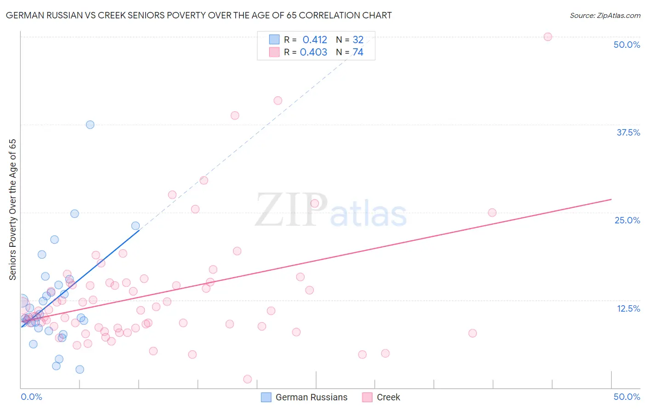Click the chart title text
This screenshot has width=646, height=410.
click(x=198, y=15)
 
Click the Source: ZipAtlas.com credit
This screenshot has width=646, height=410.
click(x=605, y=15)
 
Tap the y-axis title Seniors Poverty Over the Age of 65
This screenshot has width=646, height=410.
click(x=12, y=210)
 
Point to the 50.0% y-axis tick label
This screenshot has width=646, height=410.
click(x=627, y=45)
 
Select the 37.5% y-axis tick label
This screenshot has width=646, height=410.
click(x=628, y=132)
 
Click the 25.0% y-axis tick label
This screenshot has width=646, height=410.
click(x=627, y=220)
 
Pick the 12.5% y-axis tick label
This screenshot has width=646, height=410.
click(x=628, y=308)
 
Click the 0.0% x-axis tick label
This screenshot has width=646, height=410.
click(x=31, y=397)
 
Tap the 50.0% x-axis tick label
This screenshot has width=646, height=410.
click(x=627, y=397)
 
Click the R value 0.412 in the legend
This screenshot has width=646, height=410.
click(x=315, y=40)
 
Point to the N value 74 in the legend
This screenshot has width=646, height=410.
click(x=358, y=52)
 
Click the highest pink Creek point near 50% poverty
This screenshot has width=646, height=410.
click(x=548, y=37)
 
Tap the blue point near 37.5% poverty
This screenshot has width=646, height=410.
click(x=90, y=125)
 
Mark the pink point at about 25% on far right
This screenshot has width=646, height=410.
click(x=492, y=212)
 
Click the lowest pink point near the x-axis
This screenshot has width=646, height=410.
click(x=248, y=379)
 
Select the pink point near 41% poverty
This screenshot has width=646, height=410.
click(x=278, y=101)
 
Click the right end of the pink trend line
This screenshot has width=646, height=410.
click(x=611, y=199)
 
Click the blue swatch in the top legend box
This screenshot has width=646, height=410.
click(x=274, y=40)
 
